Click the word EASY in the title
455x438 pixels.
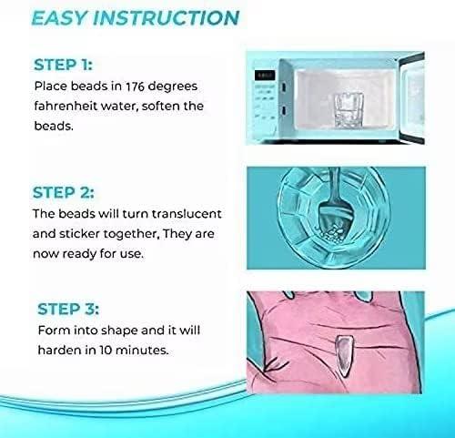(x=65, y=18)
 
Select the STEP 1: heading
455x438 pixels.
(x=63, y=65)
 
